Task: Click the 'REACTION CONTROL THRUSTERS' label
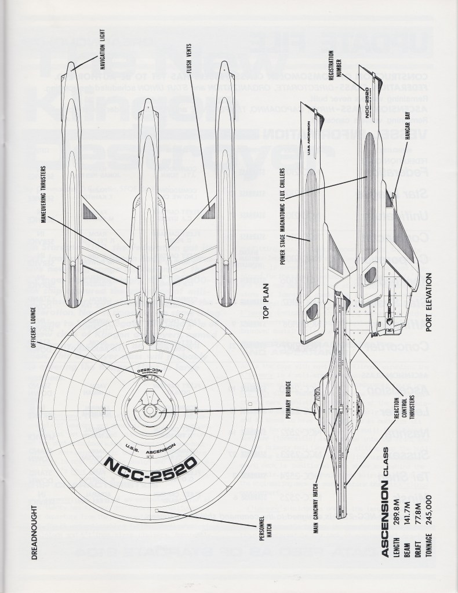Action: (404, 408)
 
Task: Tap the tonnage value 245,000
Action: (430, 524)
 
